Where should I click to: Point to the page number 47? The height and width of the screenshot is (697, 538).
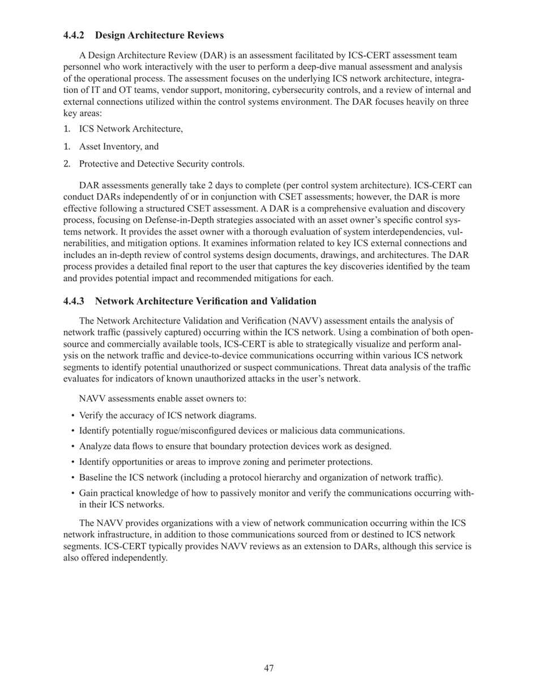[x=269, y=669]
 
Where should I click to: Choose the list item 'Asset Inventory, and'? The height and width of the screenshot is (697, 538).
[x=119, y=147]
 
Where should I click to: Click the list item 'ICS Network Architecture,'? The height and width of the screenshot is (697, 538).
[x=131, y=129]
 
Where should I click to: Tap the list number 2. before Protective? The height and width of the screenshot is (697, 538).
[x=67, y=164]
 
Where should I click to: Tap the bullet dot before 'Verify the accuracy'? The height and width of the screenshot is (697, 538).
[x=73, y=415]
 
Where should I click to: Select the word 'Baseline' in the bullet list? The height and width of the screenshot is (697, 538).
[x=96, y=477]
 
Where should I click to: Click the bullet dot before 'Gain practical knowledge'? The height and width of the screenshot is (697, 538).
[x=73, y=493]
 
